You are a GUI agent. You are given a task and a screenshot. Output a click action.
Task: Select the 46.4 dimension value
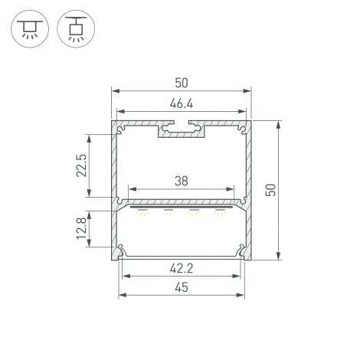(x=182, y=103)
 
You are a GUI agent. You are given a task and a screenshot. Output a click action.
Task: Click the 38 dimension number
(x=182, y=181)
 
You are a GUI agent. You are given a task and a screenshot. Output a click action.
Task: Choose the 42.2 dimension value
(x=182, y=267)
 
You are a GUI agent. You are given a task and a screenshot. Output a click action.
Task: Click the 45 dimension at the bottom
(x=182, y=287)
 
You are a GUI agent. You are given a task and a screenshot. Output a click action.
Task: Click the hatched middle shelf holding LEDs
(x=182, y=204)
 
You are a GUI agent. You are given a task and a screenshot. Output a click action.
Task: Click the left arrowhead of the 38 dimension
(x=131, y=188)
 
